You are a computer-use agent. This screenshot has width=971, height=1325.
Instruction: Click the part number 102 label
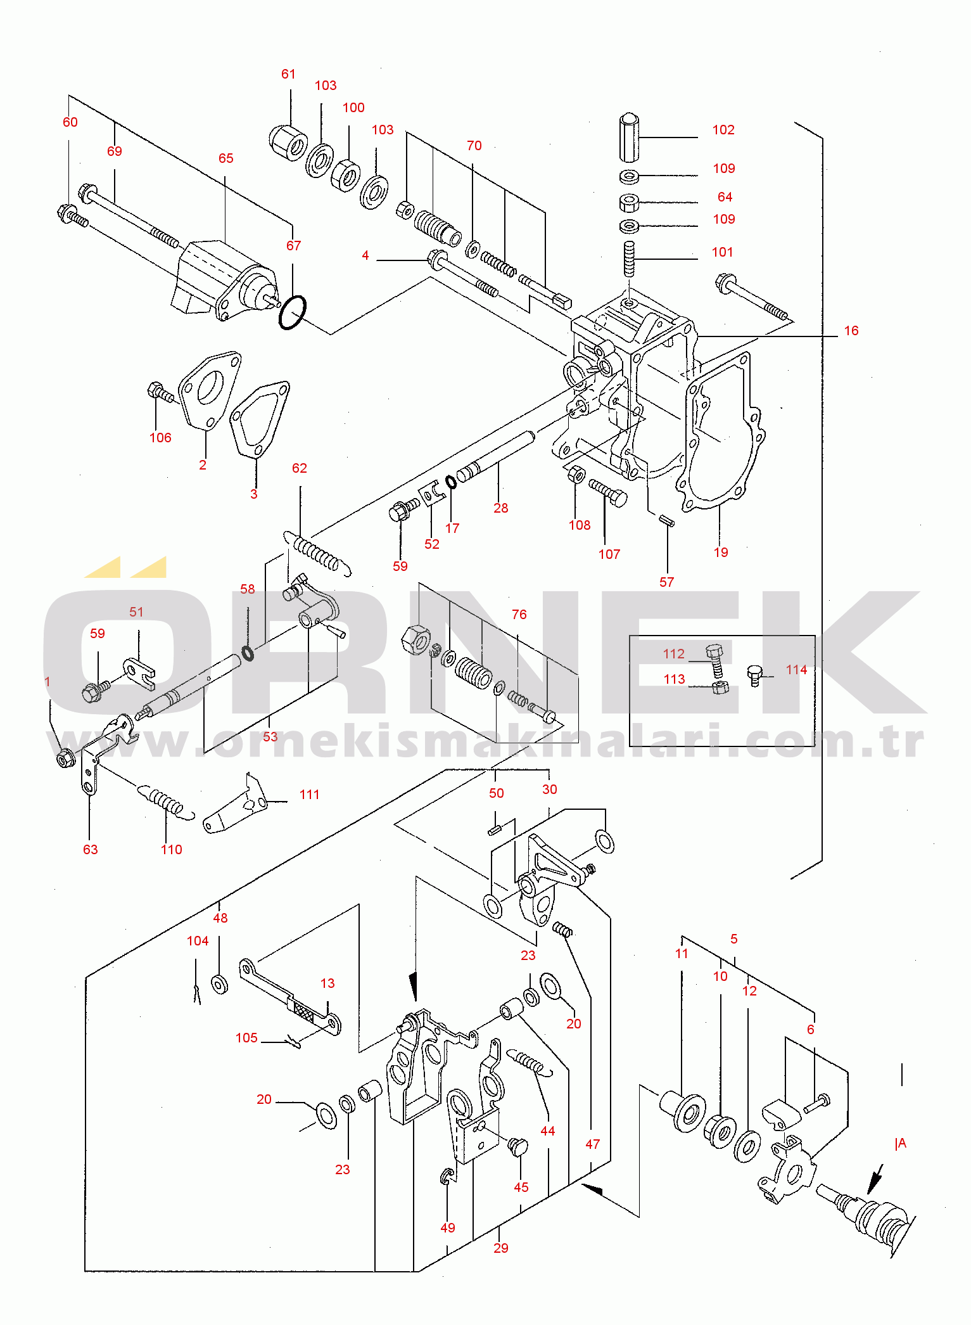723,130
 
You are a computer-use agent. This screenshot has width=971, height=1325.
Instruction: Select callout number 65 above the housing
225,158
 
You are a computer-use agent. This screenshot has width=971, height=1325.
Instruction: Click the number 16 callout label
851,331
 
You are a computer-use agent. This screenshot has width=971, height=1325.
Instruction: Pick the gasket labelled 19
721,437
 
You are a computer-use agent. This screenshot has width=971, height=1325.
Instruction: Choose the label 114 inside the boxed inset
796,670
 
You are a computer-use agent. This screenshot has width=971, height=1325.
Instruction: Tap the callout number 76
519,615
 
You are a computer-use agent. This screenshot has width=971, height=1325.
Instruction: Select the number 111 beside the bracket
309,795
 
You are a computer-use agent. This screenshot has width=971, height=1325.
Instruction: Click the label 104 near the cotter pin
198,941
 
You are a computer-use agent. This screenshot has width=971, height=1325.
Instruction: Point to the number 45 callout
521,1187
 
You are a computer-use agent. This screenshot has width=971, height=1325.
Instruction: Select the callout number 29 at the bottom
500,1248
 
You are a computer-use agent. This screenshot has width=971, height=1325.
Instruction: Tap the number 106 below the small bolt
160,438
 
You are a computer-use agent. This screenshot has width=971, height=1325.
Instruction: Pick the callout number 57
666,582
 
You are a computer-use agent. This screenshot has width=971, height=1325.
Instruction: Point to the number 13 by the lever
327,983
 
